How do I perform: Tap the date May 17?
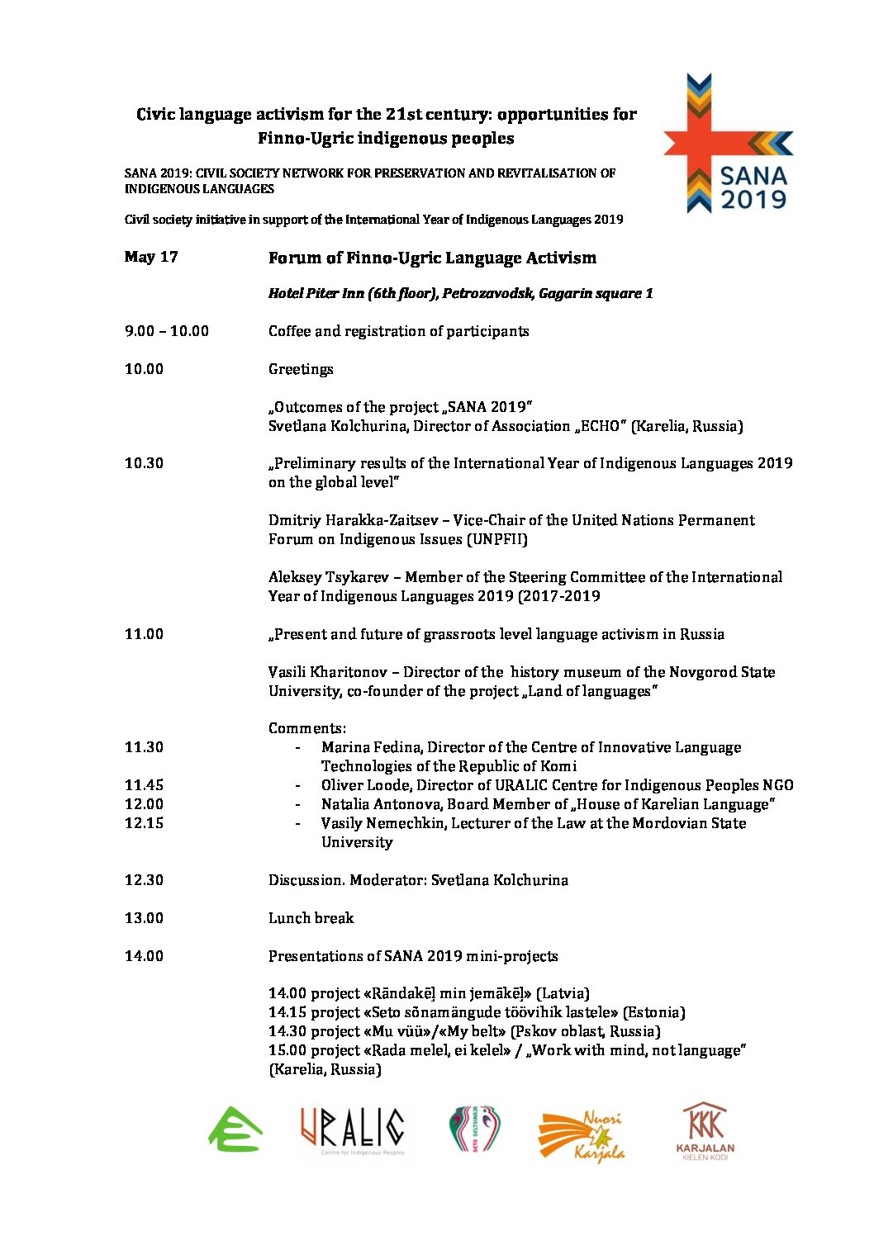(x=151, y=257)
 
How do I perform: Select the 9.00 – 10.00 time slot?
(x=167, y=331)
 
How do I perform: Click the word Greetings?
(x=301, y=369)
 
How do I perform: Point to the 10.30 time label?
(x=144, y=463)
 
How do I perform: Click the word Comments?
(x=307, y=728)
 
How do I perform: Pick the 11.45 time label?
(x=144, y=785)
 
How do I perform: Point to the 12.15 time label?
(x=144, y=823)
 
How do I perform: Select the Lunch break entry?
(x=311, y=918)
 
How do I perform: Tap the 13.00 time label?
(x=144, y=918)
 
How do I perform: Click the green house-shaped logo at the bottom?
(x=235, y=1129)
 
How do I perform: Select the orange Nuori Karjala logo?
(x=582, y=1136)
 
